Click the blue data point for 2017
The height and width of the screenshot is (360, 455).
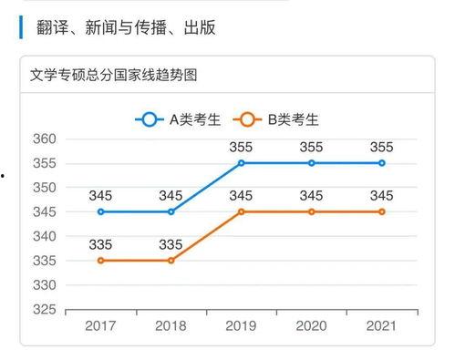click(x=101, y=211)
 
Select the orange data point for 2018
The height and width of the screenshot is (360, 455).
click(x=171, y=260)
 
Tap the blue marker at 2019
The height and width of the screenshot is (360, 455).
click(x=242, y=163)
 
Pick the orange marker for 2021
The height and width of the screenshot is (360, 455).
click(x=382, y=211)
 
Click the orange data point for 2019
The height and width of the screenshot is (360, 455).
click(x=242, y=211)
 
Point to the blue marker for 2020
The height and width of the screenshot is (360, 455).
click(x=312, y=163)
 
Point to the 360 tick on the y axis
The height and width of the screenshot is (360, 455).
click(x=46, y=139)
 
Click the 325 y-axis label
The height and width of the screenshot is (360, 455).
click(x=46, y=310)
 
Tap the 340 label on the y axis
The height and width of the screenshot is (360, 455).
click(x=46, y=237)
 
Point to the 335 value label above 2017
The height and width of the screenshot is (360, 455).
click(x=101, y=243)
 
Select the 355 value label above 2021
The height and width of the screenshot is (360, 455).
click(x=382, y=147)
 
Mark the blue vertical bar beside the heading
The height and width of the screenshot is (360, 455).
click(x=21, y=27)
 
